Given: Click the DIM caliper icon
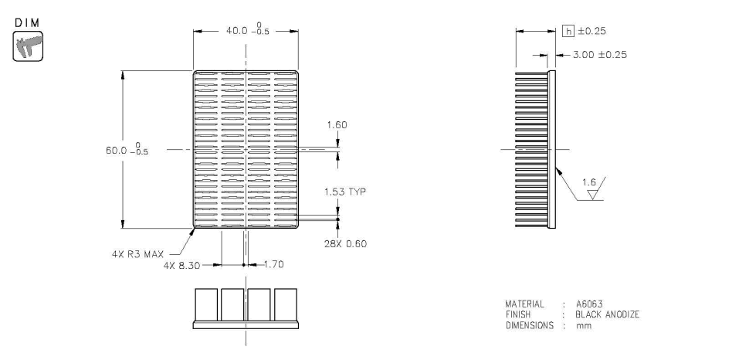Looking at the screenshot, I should click(x=28, y=46).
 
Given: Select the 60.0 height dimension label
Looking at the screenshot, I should click(x=129, y=148).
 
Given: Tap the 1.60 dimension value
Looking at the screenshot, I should click(x=337, y=124).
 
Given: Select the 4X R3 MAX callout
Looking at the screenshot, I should click(x=139, y=252).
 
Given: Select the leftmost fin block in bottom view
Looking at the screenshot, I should click(x=206, y=303).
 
